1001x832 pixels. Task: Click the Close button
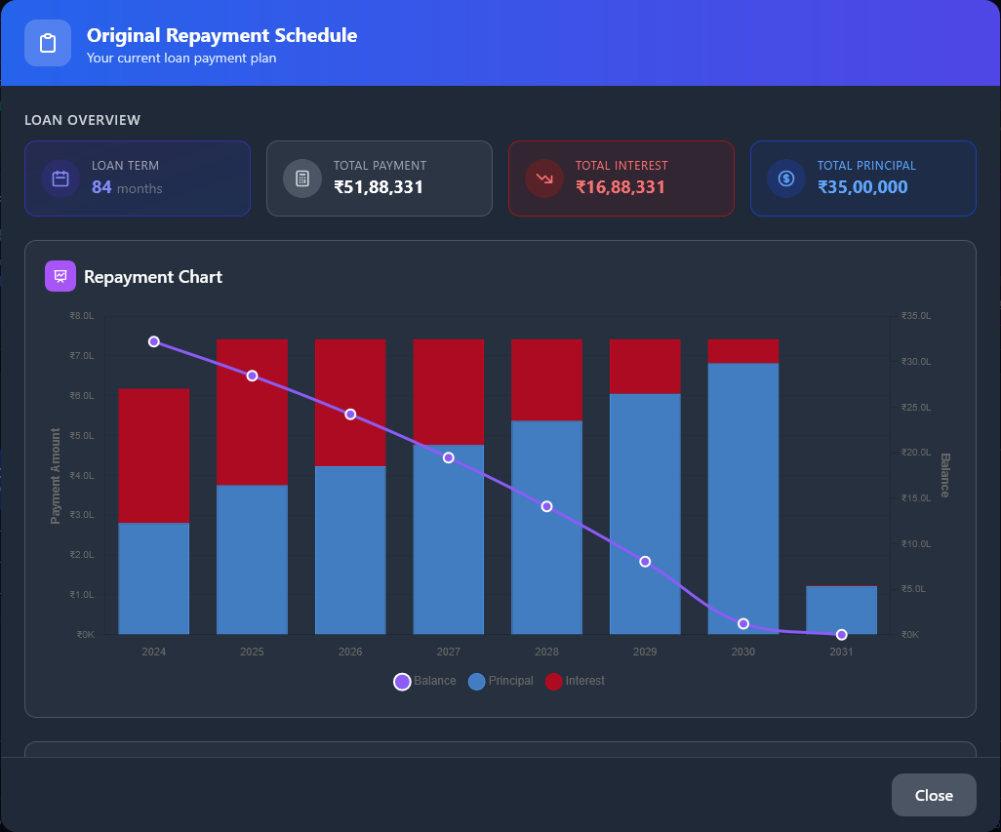pyautogui.click(x=933, y=795)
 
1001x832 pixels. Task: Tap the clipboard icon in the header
pyautogui.click(x=48, y=43)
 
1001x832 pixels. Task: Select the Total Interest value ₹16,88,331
pyautogui.click(x=620, y=187)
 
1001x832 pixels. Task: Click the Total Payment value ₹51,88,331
pyautogui.click(x=379, y=187)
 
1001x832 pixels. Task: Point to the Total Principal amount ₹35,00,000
pyautogui.click(x=862, y=187)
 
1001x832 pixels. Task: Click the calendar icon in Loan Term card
pyautogui.click(x=60, y=178)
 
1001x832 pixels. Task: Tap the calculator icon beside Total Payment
pyautogui.click(x=302, y=178)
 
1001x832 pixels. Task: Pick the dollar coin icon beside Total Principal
pyautogui.click(x=786, y=178)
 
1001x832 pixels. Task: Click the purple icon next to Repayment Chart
pyautogui.click(x=60, y=276)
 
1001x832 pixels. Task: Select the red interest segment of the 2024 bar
pyautogui.click(x=153, y=456)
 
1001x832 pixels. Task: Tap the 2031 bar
pyautogui.click(x=841, y=611)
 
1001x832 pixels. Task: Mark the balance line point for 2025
pyautogui.click(x=252, y=376)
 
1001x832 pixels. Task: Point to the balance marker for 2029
pyautogui.click(x=645, y=562)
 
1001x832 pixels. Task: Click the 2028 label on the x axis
pyautogui.click(x=546, y=652)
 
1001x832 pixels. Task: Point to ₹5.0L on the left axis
pyautogui.click(x=82, y=435)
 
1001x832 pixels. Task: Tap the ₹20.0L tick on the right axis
pyautogui.click(x=917, y=453)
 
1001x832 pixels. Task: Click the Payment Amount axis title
pyautogui.click(x=56, y=475)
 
